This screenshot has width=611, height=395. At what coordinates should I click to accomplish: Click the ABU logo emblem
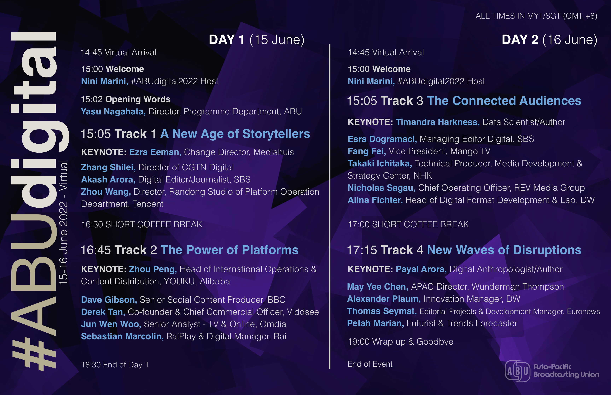click(x=517, y=371)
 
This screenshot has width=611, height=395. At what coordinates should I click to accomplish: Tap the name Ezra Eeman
click(x=155, y=152)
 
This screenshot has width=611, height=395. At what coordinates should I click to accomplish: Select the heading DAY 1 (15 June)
click(x=257, y=40)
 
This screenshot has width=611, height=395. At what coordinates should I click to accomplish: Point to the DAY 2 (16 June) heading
click(x=549, y=40)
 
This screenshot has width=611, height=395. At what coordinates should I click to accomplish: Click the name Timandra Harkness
click(x=437, y=122)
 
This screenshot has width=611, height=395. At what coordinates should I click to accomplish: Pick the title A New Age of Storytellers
click(x=235, y=134)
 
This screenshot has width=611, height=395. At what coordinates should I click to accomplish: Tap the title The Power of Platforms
click(x=229, y=250)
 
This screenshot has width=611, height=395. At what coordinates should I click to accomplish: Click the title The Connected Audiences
click(x=504, y=101)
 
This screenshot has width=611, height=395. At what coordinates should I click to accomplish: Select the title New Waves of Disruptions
click(x=504, y=250)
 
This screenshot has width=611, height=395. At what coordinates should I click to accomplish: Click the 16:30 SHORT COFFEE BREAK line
click(x=142, y=224)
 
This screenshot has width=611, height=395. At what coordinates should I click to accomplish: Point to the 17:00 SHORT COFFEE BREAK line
click(x=408, y=224)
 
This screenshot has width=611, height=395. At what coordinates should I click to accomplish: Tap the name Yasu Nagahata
click(x=113, y=112)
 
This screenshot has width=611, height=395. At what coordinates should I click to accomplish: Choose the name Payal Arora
click(x=421, y=269)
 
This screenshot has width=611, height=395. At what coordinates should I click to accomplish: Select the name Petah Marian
click(x=375, y=323)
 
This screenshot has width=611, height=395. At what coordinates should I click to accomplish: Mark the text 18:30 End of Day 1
click(x=115, y=365)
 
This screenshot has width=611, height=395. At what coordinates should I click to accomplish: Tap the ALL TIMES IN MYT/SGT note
click(x=536, y=16)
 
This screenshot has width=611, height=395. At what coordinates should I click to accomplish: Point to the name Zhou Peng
click(x=153, y=269)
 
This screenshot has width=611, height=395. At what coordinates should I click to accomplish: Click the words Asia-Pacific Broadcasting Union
click(x=566, y=371)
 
